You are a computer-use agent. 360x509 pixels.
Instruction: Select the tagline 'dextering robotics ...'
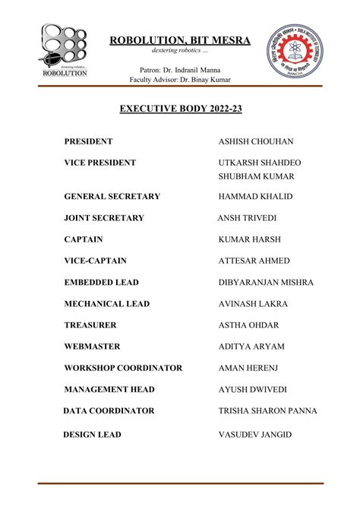[179, 51]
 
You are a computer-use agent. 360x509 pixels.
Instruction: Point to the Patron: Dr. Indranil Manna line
[180, 70]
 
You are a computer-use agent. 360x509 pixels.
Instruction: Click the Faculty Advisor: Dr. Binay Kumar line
[180, 80]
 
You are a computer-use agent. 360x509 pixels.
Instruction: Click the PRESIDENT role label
[88, 141]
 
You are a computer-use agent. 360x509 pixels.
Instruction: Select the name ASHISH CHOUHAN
[256, 142]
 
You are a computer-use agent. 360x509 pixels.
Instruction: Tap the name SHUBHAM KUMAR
[256, 176]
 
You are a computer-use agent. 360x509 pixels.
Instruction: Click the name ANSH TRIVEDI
[250, 218]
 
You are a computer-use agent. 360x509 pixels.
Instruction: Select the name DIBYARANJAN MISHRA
[266, 283]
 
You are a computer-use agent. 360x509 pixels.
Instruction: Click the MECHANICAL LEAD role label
[107, 304]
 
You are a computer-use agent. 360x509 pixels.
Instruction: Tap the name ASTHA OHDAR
[248, 325]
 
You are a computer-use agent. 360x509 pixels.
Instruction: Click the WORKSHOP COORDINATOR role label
[123, 368]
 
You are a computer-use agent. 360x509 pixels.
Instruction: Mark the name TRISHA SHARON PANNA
[268, 411]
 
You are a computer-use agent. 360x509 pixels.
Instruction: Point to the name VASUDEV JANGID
[255, 435]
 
